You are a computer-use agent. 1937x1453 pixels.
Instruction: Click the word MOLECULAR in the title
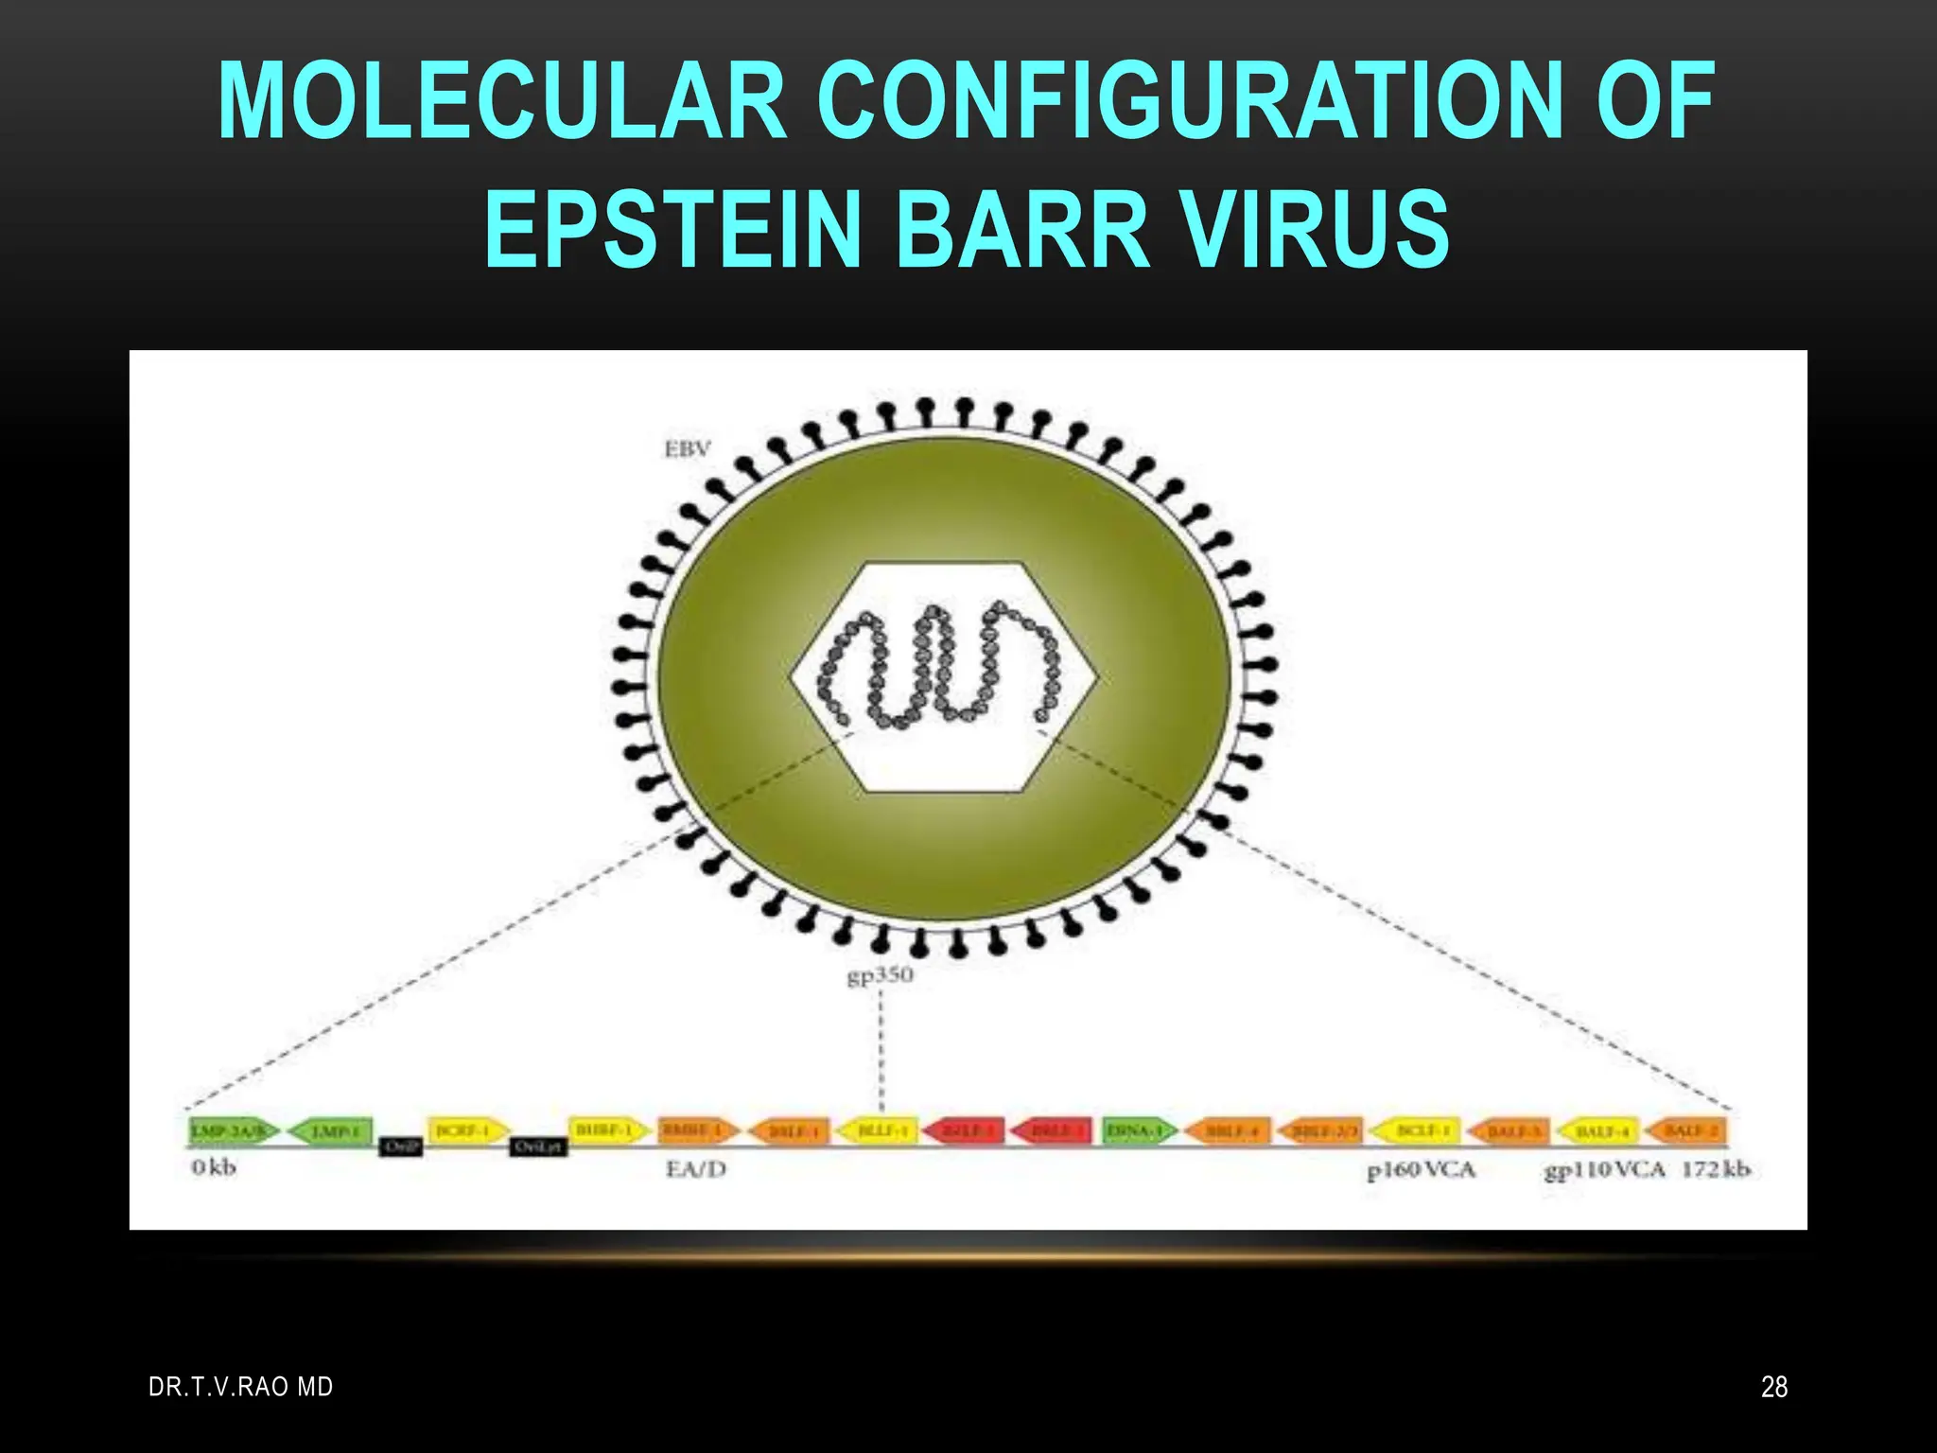pyautogui.click(x=502, y=101)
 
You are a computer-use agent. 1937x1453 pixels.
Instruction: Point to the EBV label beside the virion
pyautogui.click(x=687, y=449)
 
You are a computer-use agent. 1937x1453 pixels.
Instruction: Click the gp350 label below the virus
pyautogui.click(x=880, y=975)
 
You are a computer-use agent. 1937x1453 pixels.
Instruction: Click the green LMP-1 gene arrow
pyautogui.click(x=329, y=1130)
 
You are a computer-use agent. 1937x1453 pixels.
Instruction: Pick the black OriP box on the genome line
pyautogui.click(x=401, y=1147)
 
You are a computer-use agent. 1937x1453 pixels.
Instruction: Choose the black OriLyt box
pyautogui.click(x=538, y=1147)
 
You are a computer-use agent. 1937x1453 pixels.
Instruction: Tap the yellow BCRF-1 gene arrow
pyautogui.click(x=467, y=1130)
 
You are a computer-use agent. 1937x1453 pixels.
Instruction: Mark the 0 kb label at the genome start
pyautogui.click(x=213, y=1168)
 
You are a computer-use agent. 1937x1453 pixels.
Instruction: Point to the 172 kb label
pyautogui.click(x=1716, y=1169)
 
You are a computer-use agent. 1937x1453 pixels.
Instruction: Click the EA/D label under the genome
pyautogui.click(x=696, y=1169)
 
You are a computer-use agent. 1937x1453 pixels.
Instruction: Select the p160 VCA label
pyautogui.click(x=1421, y=1170)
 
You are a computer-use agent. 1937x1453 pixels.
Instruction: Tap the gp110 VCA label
pyautogui.click(x=1604, y=1170)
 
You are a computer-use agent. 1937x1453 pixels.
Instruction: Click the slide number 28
pyautogui.click(x=1774, y=1387)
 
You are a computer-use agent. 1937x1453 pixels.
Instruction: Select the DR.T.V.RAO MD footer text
pyautogui.click(x=241, y=1387)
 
